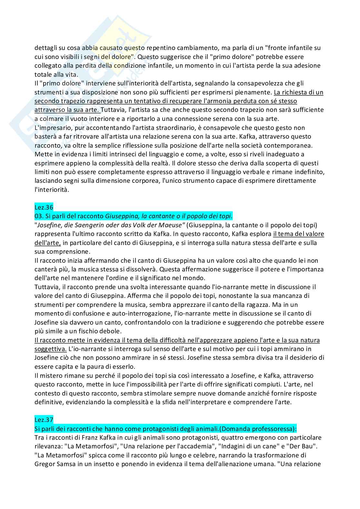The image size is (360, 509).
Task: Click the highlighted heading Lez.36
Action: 44,207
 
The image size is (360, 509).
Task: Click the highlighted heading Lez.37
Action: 44,420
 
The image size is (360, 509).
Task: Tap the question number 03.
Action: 38,216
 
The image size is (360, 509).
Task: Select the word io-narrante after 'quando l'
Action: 236,287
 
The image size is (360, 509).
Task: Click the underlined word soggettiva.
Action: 50,349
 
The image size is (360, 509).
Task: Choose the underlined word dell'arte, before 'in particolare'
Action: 47,242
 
